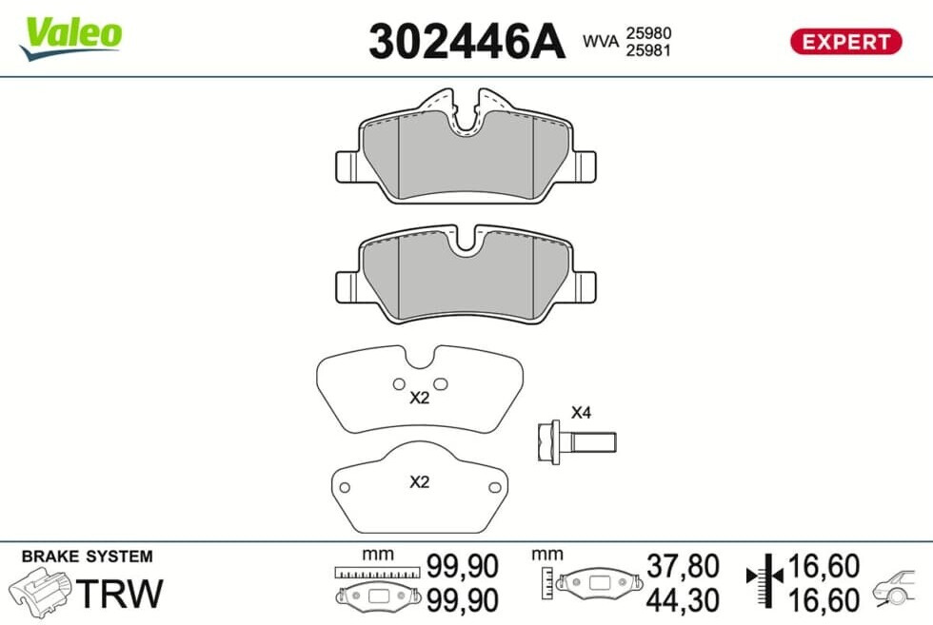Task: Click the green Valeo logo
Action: point(71,37)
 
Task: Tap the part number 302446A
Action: point(466,42)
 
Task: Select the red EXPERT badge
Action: point(845,42)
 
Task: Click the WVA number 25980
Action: point(648,32)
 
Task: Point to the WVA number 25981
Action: point(648,50)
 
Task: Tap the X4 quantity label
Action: point(581,412)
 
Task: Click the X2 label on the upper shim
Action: point(419,398)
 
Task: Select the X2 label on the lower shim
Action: point(419,481)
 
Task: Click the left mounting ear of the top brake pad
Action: point(347,166)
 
